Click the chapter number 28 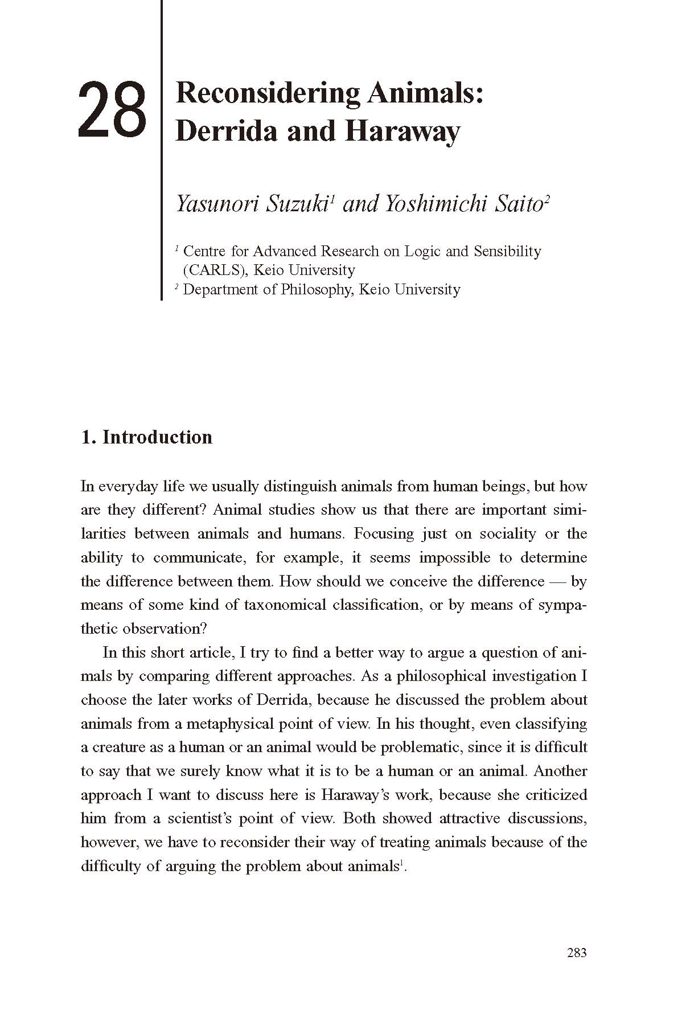(x=112, y=110)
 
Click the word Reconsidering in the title (x=268, y=93)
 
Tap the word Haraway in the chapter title (x=401, y=130)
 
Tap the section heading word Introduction (x=157, y=437)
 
